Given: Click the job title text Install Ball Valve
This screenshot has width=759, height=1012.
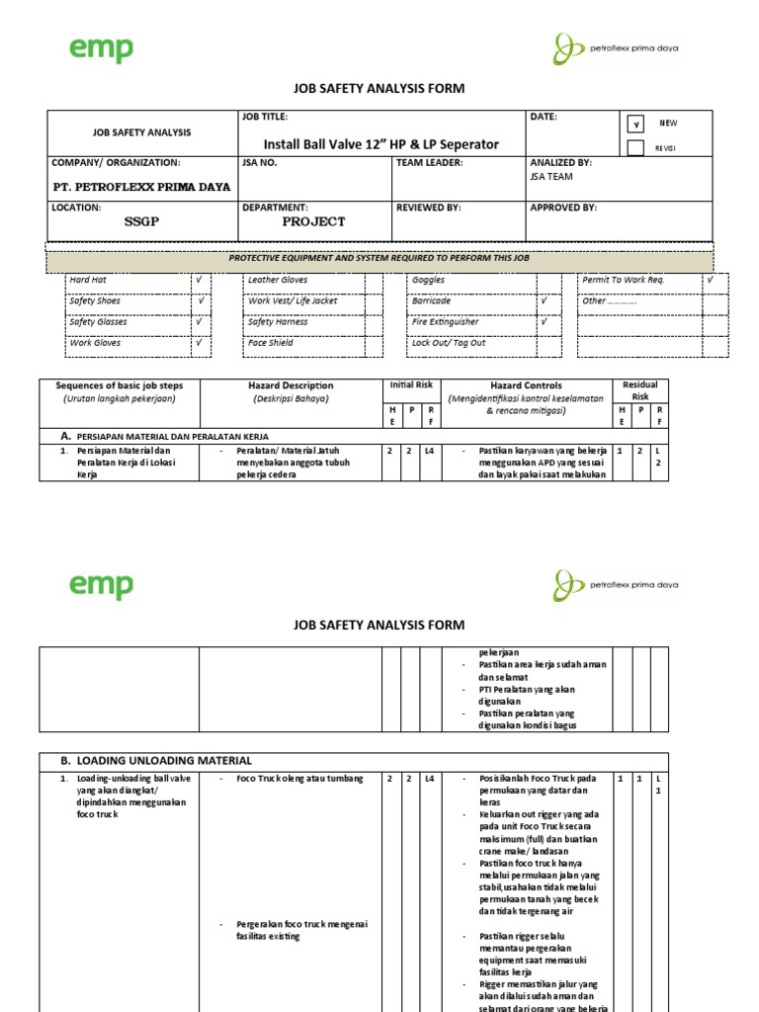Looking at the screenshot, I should [380, 144].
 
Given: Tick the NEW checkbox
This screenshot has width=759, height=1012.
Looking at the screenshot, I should [635, 125].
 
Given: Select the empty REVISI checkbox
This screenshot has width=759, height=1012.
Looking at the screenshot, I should [635, 147].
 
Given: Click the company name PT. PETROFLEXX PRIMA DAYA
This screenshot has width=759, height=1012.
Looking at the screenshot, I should [141, 187].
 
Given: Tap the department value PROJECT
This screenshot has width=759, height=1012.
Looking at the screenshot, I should [313, 221].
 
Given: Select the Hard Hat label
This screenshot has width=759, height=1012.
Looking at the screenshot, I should [88, 281].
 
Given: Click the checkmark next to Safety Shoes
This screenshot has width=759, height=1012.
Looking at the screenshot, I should [202, 300].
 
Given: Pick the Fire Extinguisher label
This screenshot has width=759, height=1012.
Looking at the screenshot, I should [446, 322].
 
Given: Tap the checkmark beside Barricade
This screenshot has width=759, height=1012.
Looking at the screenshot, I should [544, 300].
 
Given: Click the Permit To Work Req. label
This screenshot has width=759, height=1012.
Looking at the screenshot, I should [624, 281].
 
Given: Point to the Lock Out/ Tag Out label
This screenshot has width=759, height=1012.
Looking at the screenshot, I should [449, 343].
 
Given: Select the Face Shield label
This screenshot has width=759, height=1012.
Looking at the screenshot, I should [271, 343].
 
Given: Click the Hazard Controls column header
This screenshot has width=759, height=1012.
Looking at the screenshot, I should [526, 385].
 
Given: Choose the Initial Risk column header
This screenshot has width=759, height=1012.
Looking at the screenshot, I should [411, 383].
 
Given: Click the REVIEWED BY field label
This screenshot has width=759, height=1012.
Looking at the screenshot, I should [431, 208].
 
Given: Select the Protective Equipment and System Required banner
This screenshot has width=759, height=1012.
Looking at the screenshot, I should [379, 258].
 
